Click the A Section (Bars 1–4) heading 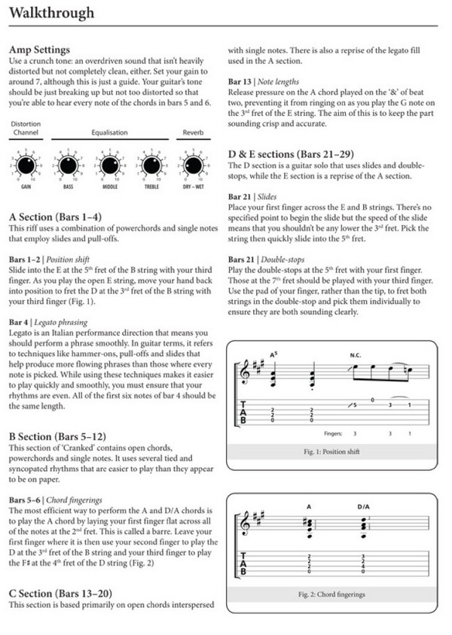click(56, 216)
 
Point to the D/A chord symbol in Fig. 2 click(363, 506)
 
